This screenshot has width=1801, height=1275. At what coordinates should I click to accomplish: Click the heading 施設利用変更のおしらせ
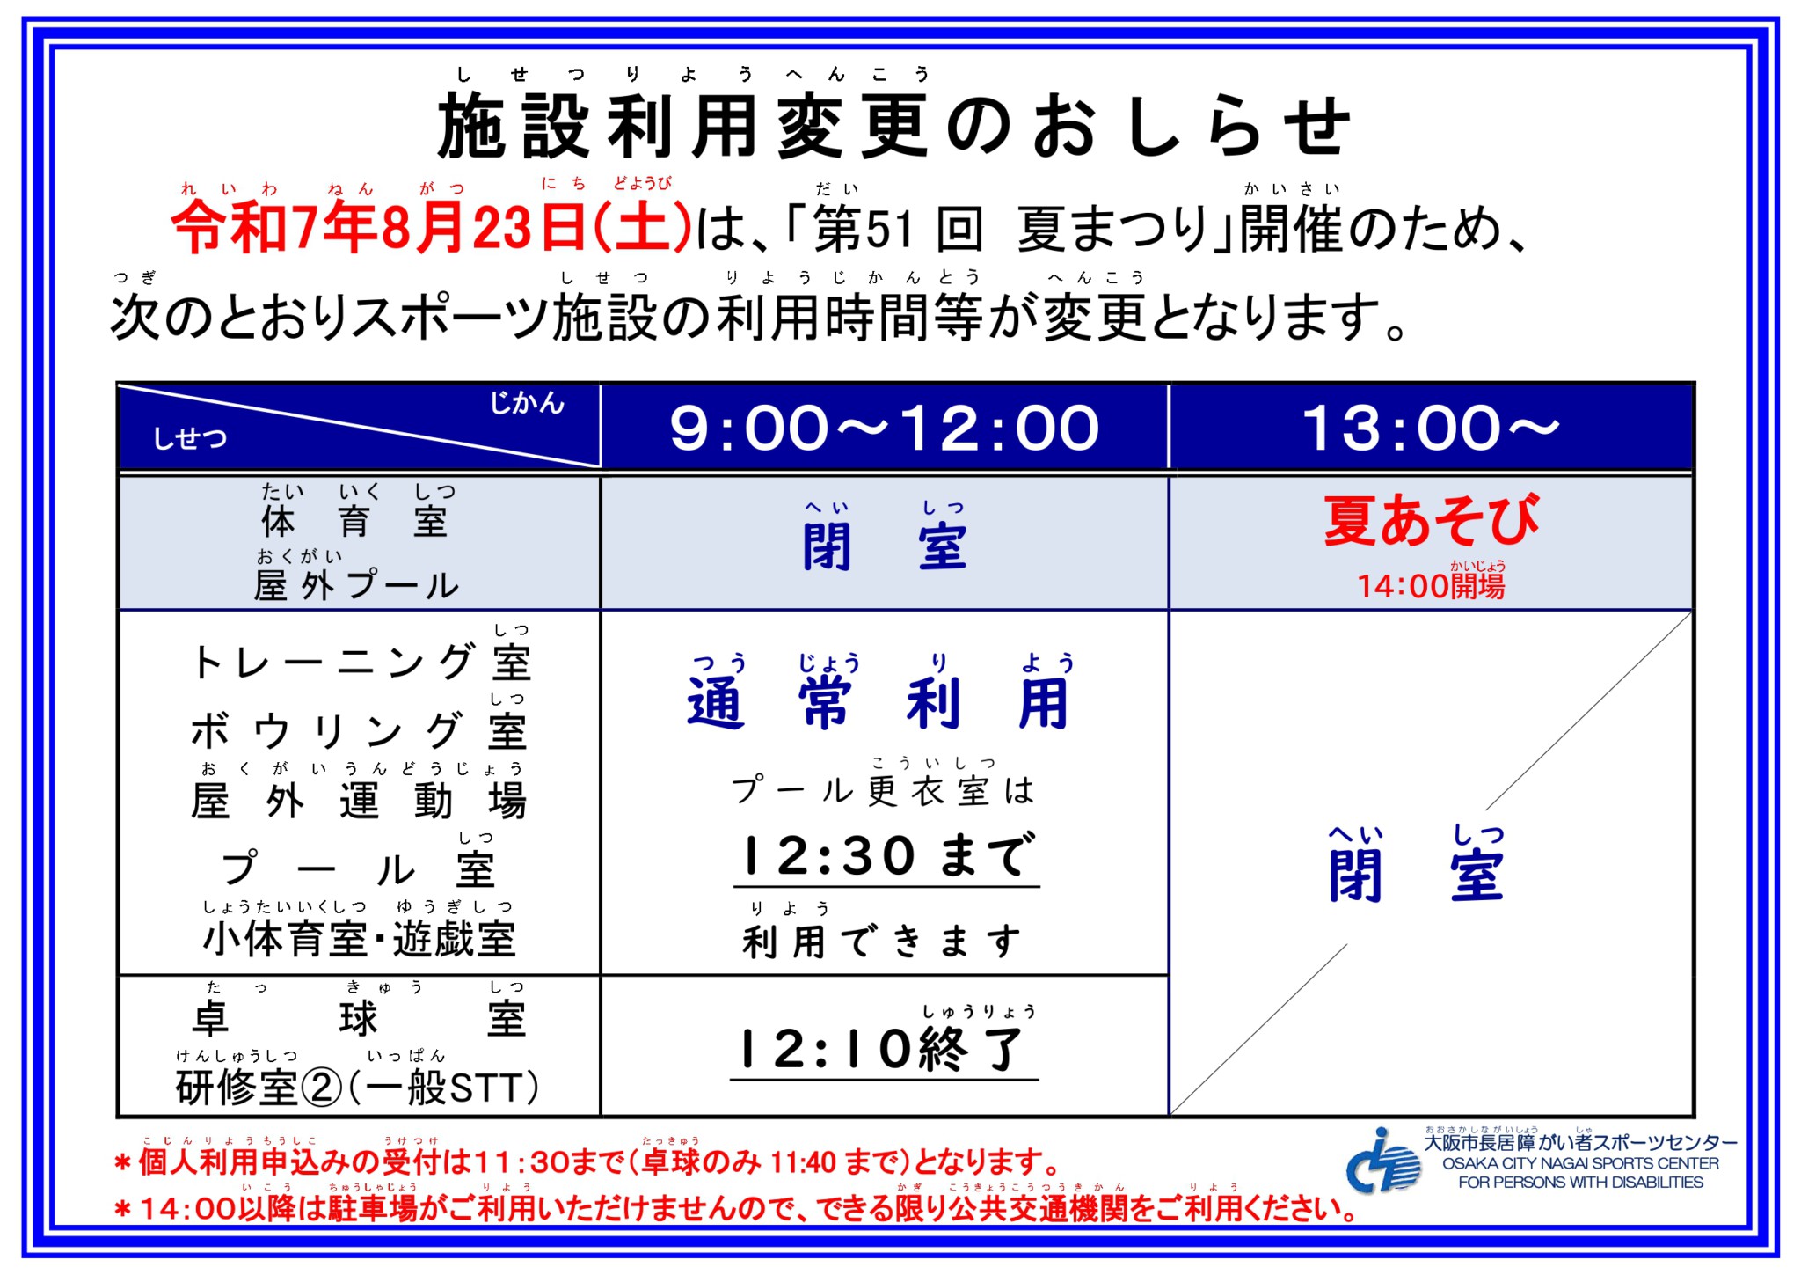(893, 128)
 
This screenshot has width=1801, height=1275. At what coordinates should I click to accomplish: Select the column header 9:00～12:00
(885, 429)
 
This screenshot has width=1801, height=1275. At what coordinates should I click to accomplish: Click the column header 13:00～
(1431, 429)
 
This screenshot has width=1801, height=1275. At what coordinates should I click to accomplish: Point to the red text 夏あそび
(1432, 520)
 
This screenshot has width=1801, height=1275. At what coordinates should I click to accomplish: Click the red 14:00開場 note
(1431, 585)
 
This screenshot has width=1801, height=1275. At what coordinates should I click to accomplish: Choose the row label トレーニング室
(361, 662)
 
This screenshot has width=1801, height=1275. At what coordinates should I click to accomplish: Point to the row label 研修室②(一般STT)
(357, 1088)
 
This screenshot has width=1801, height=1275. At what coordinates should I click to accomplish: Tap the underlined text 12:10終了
(885, 1049)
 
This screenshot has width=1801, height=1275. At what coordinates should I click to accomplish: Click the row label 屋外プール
(356, 585)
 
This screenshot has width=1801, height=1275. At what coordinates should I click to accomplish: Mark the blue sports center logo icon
(1383, 1161)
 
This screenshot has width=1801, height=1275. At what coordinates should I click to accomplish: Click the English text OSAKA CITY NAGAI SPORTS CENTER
(1580, 1163)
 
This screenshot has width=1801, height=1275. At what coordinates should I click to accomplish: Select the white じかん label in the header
(527, 403)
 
